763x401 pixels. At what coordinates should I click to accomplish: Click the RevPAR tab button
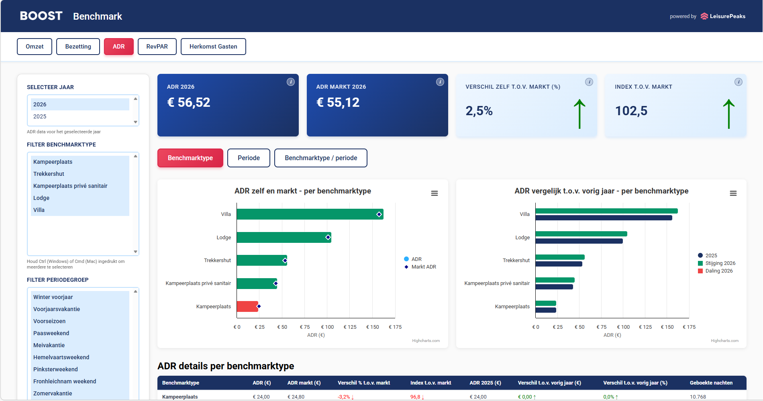pos(157,47)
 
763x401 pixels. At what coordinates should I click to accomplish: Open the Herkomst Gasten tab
pos(213,47)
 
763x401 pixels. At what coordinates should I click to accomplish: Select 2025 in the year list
pos(40,116)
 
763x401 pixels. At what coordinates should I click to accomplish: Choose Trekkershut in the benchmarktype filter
pos(49,174)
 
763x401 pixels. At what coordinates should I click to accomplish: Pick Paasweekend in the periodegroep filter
pos(51,333)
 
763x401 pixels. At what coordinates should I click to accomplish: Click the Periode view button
pos(249,158)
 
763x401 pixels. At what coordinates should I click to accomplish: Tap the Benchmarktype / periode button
pos(320,158)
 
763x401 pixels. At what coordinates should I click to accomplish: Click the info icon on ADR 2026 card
pos(291,82)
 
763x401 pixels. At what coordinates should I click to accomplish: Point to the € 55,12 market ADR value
pos(338,103)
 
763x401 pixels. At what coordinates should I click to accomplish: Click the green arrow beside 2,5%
pos(579,114)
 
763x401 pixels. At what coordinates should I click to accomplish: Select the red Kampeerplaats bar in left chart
pos(247,306)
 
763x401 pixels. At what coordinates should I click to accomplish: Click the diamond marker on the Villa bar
pos(379,214)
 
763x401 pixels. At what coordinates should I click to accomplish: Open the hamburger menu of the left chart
pos(435,193)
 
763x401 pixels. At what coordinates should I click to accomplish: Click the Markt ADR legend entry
pos(423,267)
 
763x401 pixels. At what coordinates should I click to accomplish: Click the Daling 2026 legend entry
pos(718,271)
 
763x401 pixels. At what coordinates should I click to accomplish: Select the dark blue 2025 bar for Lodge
pos(579,241)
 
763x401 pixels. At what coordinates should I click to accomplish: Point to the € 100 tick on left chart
pos(327,327)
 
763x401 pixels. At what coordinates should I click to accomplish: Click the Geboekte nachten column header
pos(711,383)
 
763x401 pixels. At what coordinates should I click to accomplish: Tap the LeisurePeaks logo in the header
pos(723,16)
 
